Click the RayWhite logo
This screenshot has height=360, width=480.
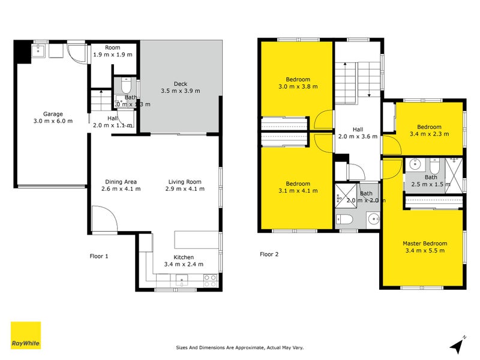pyautogui.click(x=26, y=335)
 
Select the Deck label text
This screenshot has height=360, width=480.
pyautogui.click(x=180, y=83)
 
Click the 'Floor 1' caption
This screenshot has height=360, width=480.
pyautogui.click(x=99, y=256)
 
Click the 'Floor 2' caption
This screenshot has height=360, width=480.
pyautogui.click(x=269, y=254)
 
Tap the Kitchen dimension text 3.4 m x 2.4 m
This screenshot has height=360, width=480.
pyautogui.click(x=181, y=265)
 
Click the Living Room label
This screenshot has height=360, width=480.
pyautogui.click(x=184, y=182)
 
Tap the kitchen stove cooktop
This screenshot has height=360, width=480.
pyautogui.click(x=210, y=278)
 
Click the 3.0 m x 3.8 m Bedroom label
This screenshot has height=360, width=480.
pyautogui.click(x=298, y=79)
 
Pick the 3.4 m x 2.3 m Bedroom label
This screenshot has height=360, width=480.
pyautogui.click(x=429, y=127)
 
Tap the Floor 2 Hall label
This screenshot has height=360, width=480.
pyautogui.click(x=358, y=129)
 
